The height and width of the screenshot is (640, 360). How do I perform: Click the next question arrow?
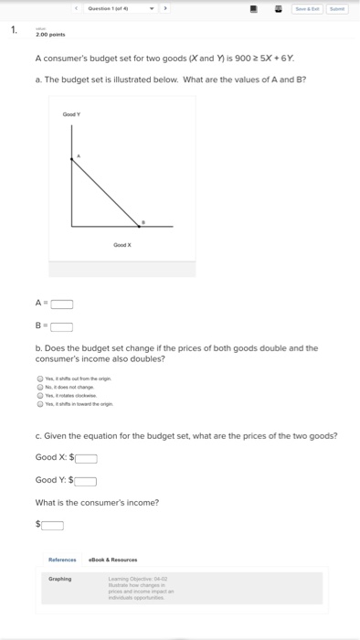[165, 8]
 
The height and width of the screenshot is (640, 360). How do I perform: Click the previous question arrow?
[77, 8]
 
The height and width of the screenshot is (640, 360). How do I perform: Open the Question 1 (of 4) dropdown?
[152, 8]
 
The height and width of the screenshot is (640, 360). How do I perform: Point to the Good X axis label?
[122, 245]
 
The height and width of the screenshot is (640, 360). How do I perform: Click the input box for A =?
[61, 304]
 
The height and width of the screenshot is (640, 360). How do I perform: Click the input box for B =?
[61, 326]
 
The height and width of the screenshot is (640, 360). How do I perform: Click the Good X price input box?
[86, 459]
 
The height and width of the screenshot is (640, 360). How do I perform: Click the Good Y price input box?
[86, 481]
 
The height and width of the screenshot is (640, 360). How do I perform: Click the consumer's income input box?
[53, 525]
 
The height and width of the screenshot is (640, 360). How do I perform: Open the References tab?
[62, 560]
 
